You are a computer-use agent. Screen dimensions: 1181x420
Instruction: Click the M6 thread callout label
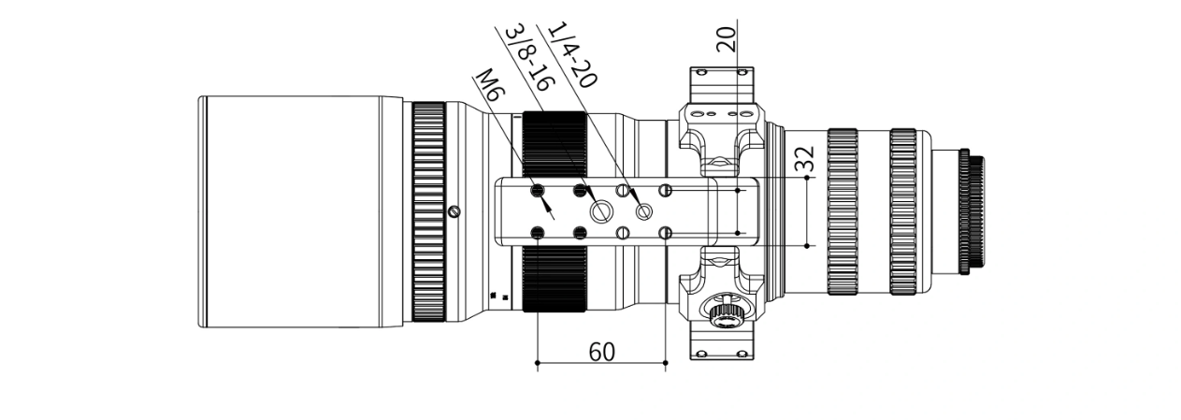[490, 85]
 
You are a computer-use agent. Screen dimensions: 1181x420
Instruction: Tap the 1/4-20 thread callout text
[572, 54]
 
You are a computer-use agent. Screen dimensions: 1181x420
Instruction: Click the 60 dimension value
[601, 352]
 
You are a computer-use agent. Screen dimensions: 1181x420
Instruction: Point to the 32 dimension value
[805, 159]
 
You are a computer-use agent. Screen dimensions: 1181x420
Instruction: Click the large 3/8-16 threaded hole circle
[599, 211]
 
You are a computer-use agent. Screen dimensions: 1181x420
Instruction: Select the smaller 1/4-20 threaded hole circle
[643, 212]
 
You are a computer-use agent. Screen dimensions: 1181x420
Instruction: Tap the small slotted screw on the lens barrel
[454, 211]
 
